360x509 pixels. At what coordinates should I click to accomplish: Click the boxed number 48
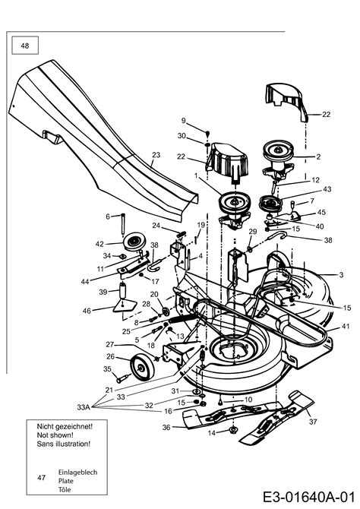tap(24, 46)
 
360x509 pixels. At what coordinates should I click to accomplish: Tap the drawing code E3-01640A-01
tap(308, 497)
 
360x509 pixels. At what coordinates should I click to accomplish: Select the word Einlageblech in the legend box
tap(77, 472)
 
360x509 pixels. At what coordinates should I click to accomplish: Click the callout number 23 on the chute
tap(156, 155)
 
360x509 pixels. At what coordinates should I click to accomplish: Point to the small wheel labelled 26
tap(141, 367)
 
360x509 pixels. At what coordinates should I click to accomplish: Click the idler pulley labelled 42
tap(134, 242)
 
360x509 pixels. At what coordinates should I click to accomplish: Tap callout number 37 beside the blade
tap(313, 422)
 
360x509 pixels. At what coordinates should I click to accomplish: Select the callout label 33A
tap(84, 407)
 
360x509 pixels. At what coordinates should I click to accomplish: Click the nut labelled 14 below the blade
tap(232, 431)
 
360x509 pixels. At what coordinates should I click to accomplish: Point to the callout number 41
tap(346, 326)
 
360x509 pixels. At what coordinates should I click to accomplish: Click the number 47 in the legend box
tap(41, 478)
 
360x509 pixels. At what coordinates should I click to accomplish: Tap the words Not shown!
tap(55, 435)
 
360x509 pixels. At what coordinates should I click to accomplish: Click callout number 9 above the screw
tap(183, 121)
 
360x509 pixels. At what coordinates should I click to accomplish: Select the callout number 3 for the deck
tap(341, 274)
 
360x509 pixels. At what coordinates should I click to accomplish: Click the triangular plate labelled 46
tap(125, 306)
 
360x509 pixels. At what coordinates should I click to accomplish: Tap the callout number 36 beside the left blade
tap(166, 427)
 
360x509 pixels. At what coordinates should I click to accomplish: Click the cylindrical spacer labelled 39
tap(123, 290)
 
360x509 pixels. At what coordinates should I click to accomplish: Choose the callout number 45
tap(321, 212)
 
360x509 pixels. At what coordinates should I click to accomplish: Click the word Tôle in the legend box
tap(65, 489)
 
